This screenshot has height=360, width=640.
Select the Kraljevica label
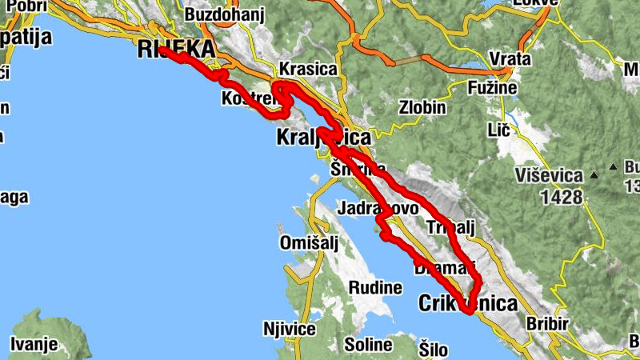pyautogui.click(x=323, y=137)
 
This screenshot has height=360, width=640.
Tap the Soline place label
pyautogui.click(x=367, y=346)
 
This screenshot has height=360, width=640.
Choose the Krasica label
pyautogui.click(x=308, y=69)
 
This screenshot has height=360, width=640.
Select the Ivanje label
pyautogui.click(x=34, y=345)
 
